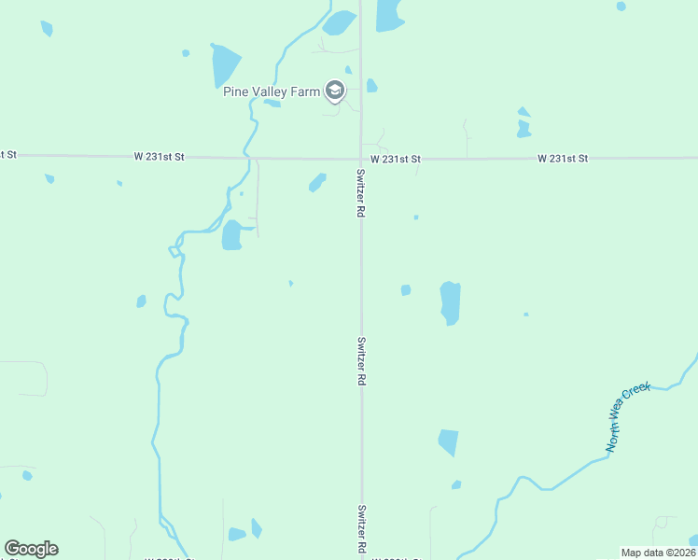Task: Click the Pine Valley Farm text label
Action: coord(272,91)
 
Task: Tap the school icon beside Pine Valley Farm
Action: coord(335,91)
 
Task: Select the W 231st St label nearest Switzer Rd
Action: coord(395,160)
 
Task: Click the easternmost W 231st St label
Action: coord(563,159)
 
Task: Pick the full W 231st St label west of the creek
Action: coord(160,156)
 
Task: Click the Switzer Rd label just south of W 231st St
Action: coord(360,193)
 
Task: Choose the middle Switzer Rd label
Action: coord(360,361)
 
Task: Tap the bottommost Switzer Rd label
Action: coord(360,529)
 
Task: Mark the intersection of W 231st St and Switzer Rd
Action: coord(361,159)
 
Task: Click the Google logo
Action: coord(31,549)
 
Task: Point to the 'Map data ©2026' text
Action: coord(657,553)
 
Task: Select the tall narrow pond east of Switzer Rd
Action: coord(450,302)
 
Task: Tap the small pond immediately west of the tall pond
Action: coord(406,290)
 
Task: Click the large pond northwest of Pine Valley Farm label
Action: coord(225,64)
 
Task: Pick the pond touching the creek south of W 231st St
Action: coord(231,235)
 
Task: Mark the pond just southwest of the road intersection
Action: coord(317,182)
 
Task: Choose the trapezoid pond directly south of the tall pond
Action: coord(449,441)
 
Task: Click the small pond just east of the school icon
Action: coord(371,86)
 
